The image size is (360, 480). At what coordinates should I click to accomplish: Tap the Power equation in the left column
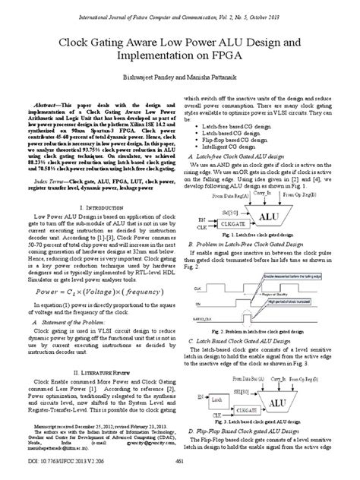pyautogui.click(x=90, y=291)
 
